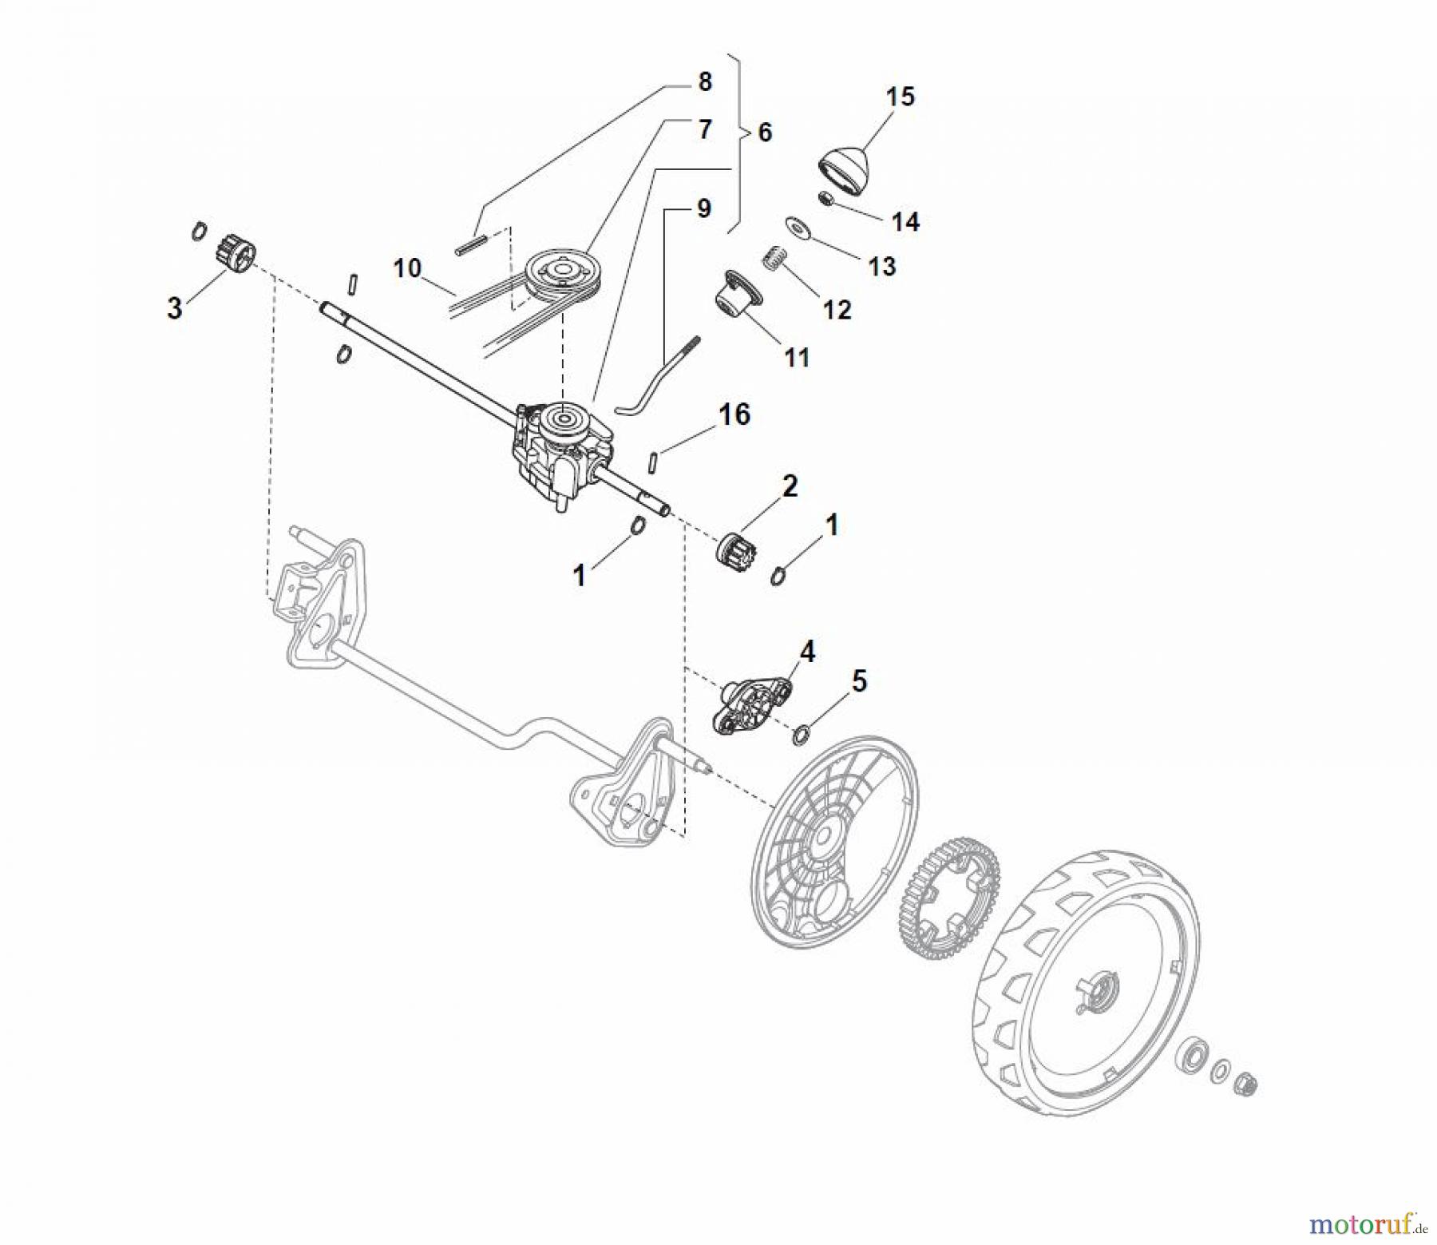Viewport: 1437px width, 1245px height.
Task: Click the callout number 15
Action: (900, 97)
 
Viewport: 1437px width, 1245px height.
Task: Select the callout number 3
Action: (174, 307)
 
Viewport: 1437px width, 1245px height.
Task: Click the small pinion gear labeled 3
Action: (233, 253)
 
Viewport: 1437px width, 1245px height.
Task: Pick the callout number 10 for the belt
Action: (407, 268)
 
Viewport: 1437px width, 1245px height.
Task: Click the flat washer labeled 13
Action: (797, 227)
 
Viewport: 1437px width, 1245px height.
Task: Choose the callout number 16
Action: (734, 414)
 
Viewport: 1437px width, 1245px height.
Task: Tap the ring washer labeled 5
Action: (799, 733)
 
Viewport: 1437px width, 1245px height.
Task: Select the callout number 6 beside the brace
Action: (765, 133)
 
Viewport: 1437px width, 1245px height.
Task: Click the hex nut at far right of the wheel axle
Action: (1246, 1084)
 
